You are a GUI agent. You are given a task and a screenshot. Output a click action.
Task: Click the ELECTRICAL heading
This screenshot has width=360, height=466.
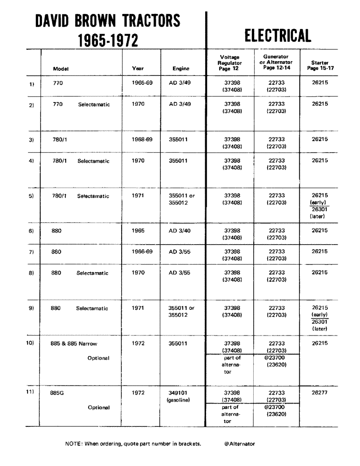(277, 35)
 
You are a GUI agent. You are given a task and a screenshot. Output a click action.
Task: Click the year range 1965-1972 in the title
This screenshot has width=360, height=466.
(108, 41)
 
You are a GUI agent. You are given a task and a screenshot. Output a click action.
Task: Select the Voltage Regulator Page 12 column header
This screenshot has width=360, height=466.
(230, 63)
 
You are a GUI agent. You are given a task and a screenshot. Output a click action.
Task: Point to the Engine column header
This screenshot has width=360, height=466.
(181, 69)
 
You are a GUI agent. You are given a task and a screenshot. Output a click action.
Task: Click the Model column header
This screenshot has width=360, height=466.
(61, 69)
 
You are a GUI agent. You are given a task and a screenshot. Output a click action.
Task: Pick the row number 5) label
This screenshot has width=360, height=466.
(31, 196)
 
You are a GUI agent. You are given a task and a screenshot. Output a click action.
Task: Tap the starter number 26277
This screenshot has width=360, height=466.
(320, 392)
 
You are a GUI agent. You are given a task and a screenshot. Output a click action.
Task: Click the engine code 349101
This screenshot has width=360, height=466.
(178, 392)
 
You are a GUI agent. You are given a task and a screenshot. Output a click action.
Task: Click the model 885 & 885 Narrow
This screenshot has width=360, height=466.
(74, 343)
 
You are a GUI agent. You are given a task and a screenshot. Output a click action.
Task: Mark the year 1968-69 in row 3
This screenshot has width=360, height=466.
(142, 139)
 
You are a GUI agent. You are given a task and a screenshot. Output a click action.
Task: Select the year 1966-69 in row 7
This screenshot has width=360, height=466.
(142, 252)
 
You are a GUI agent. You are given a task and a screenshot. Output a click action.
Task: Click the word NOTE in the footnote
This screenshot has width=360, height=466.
(73, 444)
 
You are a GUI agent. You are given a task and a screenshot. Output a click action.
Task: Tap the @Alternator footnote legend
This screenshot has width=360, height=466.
(239, 444)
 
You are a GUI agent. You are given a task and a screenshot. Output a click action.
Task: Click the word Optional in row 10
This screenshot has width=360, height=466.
(98, 358)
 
